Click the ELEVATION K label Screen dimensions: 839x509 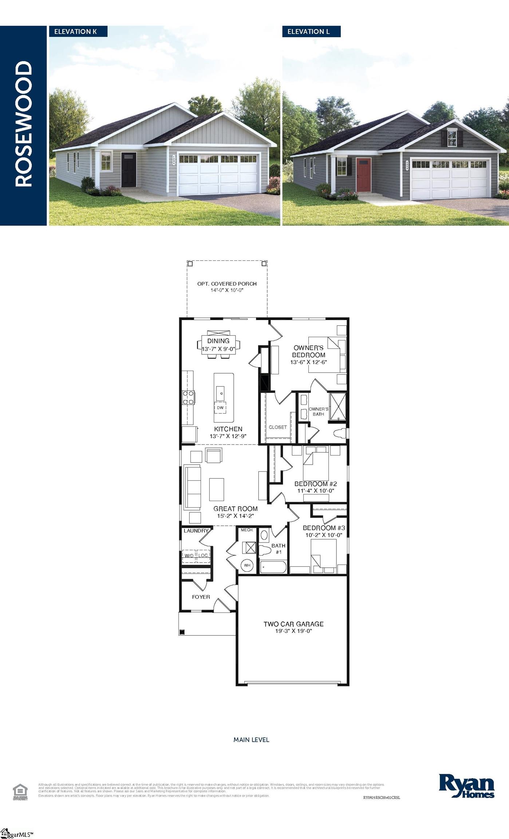(76, 32)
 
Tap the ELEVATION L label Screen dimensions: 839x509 (309, 32)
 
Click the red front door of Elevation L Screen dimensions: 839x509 (364, 175)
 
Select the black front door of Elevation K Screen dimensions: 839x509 (129, 169)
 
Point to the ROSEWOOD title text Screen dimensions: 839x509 (24, 124)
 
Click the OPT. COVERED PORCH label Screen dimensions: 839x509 (227, 284)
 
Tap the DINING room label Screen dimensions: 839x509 (218, 341)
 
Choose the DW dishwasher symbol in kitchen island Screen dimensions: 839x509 (220, 407)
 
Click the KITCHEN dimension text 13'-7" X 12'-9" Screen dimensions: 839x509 (228, 436)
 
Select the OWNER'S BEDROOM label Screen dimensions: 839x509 (309, 351)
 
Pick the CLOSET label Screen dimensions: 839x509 (278, 427)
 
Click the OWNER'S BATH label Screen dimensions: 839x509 (319, 411)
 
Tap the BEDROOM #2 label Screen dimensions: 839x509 (316, 484)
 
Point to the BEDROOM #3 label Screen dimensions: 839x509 (324, 528)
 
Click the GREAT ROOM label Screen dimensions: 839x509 (236, 509)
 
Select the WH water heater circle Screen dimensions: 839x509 (247, 566)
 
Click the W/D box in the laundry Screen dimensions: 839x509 (189, 556)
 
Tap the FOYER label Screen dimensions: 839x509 (201, 597)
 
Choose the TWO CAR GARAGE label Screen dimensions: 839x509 (293, 624)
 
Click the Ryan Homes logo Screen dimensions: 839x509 (466, 785)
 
